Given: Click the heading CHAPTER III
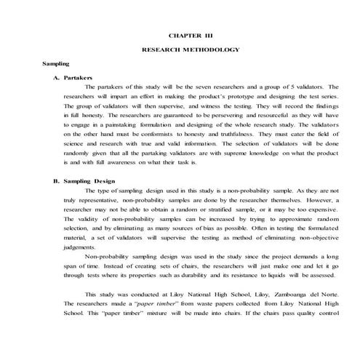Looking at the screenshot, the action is coord(191,35).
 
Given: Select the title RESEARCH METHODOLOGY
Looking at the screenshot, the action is coord(191,49).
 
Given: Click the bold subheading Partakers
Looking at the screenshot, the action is coord(78,76).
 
